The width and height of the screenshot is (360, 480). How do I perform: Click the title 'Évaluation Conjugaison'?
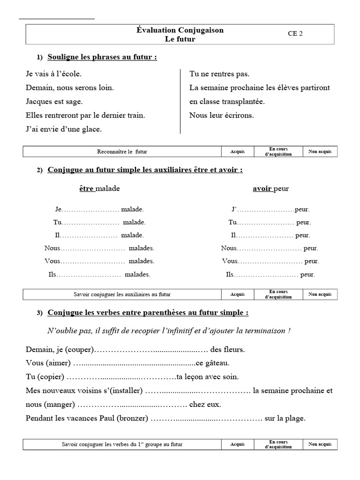tap(180, 30)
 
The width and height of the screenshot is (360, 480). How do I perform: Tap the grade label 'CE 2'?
tap(295, 33)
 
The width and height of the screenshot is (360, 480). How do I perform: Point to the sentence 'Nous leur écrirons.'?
tap(221, 115)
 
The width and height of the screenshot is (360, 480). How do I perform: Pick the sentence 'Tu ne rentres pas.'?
tap(219, 74)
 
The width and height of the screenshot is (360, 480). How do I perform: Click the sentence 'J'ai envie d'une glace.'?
tap(64, 128)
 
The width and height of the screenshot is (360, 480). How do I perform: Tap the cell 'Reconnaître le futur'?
tap(122, 151)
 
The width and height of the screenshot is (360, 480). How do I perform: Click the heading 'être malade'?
tap(99, 188)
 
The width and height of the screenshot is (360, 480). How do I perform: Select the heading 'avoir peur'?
tap(271, 188)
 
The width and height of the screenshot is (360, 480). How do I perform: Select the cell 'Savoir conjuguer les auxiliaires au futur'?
tap(122, 294)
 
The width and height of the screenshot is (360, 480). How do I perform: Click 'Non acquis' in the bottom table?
tap(320, 444)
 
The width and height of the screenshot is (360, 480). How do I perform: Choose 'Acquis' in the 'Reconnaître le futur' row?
tap(237, 151)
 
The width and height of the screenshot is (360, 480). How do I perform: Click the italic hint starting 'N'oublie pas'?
tap(169, 330)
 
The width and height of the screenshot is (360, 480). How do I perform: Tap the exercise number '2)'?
tap(40, 171)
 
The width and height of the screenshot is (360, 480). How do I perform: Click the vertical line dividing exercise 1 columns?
tap(180, 101)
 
